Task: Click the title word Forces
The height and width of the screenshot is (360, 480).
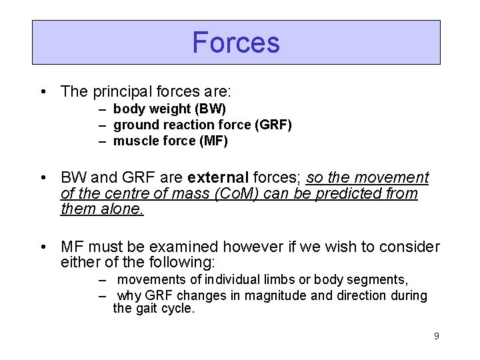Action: click(x=236, y=43)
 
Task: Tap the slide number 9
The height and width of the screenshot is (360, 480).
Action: click(x=436, y=336)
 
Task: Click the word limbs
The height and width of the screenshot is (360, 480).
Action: click(x=293, y=279)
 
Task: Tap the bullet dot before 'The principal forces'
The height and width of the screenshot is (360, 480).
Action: click(x=43, y=91)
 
